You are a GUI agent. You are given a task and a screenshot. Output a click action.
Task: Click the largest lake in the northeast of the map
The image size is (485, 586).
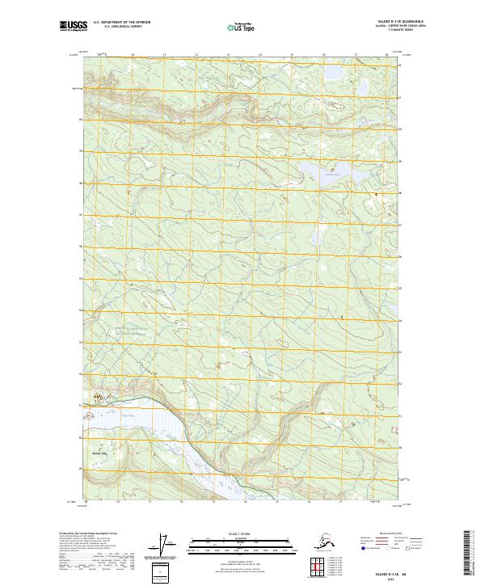(331, 171)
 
